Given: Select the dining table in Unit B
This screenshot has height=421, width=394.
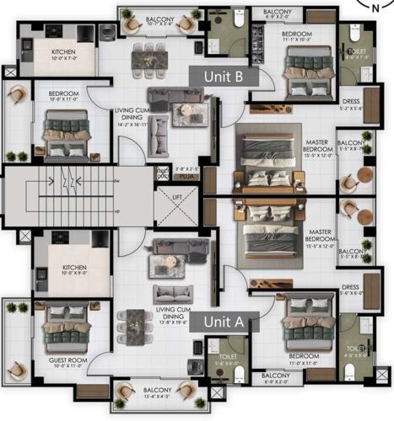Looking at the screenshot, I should [x=148, y=57].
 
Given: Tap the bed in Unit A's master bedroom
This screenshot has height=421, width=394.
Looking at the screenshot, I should [x=268, y=232].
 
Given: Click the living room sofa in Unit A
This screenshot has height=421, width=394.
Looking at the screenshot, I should [x=172, y=293].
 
